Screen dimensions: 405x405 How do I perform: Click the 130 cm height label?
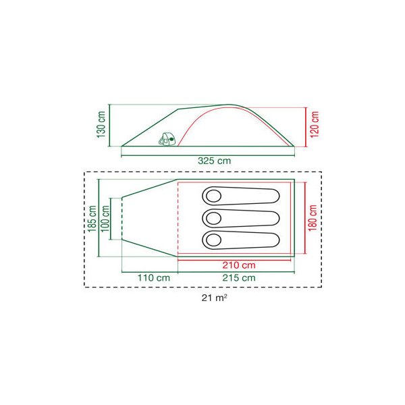(101, 124)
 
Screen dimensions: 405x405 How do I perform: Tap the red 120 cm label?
(315, 124)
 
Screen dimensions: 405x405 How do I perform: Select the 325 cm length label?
(215, 161)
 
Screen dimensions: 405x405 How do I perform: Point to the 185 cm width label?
(92, 219)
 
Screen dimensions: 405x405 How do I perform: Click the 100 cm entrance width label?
(105, 219)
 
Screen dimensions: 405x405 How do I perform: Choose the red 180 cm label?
(313, 218)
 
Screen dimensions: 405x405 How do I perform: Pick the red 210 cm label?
(239, 265)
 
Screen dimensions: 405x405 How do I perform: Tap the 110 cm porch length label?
(154, 278)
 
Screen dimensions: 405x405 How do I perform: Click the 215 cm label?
(239, 278)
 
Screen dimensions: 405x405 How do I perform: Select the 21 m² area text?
(215, 298)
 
